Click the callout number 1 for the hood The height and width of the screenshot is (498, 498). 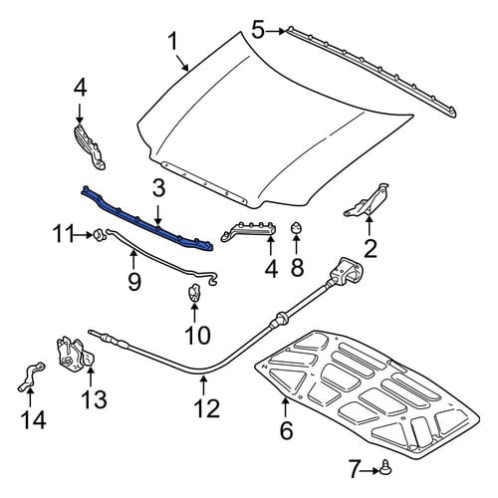tap(173, 42)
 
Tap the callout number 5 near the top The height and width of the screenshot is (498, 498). tap(258, 30)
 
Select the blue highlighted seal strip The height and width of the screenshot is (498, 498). tap(146, 219)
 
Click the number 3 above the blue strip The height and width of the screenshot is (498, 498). tap(158, 188)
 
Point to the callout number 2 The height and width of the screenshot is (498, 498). tap(371, 249)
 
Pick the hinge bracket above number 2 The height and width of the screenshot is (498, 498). tap(368, 200)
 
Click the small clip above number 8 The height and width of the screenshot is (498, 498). tap(296, 228)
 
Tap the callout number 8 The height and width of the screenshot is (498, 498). tap(297, 268)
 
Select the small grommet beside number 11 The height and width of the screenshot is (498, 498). tap(99, 234)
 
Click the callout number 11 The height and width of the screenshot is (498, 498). tap(63, 234)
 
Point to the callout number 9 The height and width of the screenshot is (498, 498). tap(134, 282)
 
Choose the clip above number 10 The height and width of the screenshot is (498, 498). tap(194, 293)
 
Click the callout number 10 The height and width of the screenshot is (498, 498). tap(198, 335)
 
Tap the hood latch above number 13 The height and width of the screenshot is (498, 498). tap(76, 356)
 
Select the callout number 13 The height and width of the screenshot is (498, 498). tap(95, 399)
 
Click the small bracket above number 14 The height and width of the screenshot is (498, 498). tap(31, 376)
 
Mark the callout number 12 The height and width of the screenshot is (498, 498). tap(207, 408)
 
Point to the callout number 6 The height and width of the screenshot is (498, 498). tap(287, 430)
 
